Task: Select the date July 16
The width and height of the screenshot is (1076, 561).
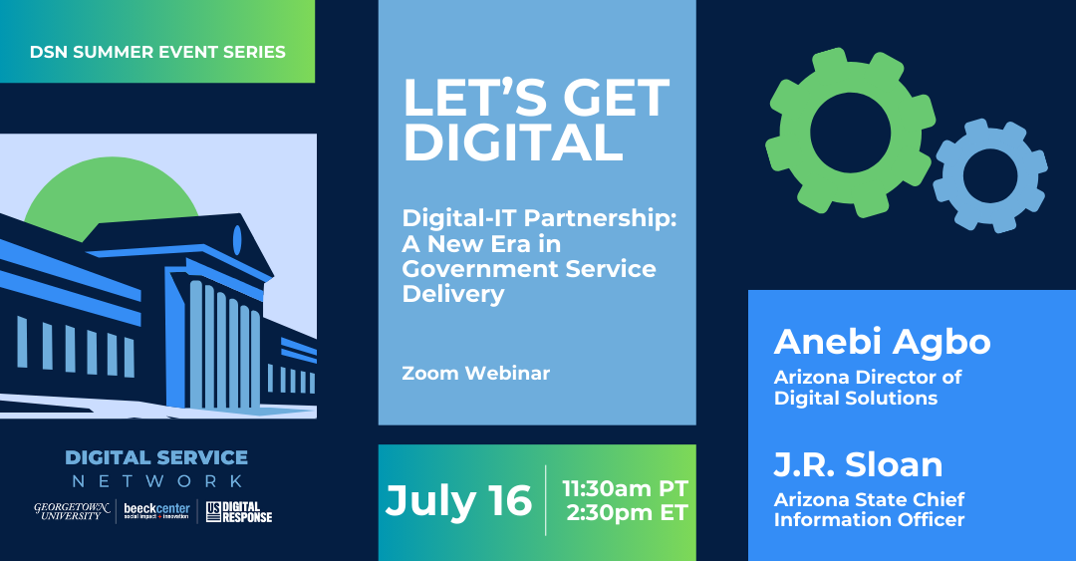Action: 458,501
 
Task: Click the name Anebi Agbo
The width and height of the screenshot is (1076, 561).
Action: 882,342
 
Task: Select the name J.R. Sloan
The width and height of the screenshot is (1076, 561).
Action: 858,464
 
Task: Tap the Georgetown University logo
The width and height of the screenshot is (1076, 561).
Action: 73,511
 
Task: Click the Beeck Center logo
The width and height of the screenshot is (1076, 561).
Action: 156,511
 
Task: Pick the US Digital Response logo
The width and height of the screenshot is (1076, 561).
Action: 239,511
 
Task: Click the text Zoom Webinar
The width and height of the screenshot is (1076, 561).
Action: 475,374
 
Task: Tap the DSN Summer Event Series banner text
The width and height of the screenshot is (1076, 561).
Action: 157,52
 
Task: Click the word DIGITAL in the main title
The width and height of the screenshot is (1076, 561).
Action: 512,143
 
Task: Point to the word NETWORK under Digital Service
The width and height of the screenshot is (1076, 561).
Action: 155,482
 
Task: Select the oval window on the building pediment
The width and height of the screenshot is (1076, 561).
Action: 237,239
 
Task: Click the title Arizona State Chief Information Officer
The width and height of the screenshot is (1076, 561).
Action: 869,509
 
